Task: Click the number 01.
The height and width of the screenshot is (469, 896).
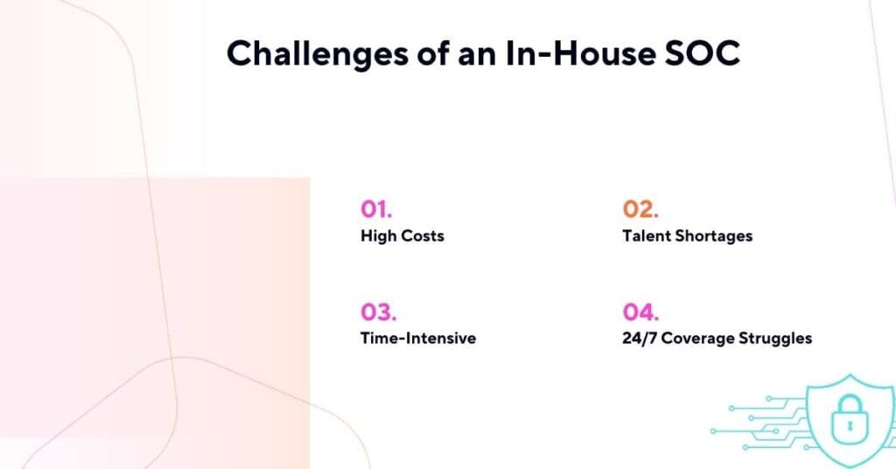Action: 376,209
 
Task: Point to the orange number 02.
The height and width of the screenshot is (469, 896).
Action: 640,209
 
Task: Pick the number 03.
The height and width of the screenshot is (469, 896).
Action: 378,311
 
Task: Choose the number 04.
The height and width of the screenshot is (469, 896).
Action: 641,311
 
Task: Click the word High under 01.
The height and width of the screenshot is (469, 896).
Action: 378,236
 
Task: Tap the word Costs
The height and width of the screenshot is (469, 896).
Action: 423,236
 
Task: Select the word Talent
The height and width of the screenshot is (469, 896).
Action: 647,236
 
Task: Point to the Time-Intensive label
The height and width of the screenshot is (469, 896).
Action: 418,338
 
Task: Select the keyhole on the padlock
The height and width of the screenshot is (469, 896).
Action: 847,429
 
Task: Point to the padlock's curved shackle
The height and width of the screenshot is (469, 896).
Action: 847,405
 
